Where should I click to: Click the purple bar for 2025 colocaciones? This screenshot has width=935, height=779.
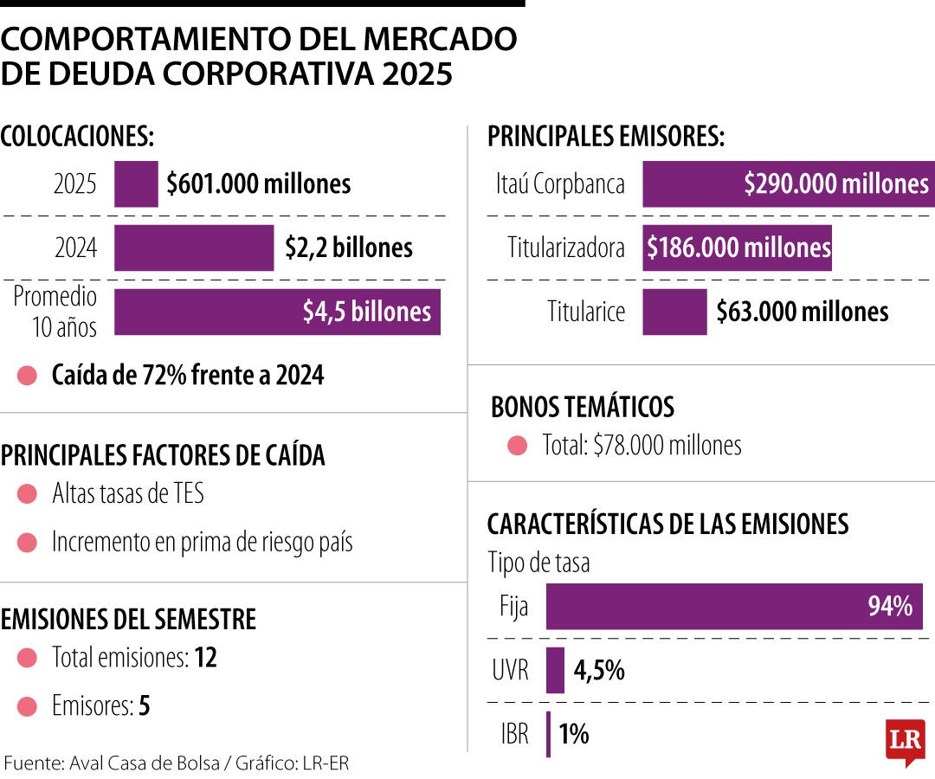pyautogui.click(x=136, y=183)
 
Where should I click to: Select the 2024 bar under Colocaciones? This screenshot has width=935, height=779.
pyautogui.click(x=194, y=248)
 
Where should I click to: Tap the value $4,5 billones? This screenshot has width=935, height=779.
pyautogui.click(x=366, y=312)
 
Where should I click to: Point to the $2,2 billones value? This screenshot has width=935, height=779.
pyautogui.click(x=349, y=248)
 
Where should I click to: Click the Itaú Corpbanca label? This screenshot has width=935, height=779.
pyautogui.click(x=560, y=184)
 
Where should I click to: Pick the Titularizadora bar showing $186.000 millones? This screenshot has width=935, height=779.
pyautogui.click(x=737, y=248)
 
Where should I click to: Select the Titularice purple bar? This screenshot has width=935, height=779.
pyautogui.click(x=674, y=312)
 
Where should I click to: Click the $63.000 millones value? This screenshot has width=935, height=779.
pyautogui.click(x=803, y=312)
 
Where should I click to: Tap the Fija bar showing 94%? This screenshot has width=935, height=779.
pyautogui.click(x=733, y=606)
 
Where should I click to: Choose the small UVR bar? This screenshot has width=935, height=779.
pyautogui.click(x=555, y=670)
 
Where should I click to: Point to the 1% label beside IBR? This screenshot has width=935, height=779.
pyautogui.click(x=574, y=735)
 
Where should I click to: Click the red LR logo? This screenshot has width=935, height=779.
pyautogui.click(x=905, y=742)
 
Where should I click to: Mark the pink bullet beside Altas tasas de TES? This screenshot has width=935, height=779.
pyautogui.click(x=28, y=494)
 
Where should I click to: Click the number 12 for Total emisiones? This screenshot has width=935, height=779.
pyautogui.click(x=205, y=658)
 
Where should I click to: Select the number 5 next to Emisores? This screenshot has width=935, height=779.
pyautogui.click(x=145, y=706)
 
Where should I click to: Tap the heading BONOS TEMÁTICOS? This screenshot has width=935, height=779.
pyautogui.click(x=583, y=407)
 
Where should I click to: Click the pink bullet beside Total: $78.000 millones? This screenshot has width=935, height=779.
pyautogui.click(x=518, y=446)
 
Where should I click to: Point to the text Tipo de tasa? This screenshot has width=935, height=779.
pyautogui.click(x=538, y=563)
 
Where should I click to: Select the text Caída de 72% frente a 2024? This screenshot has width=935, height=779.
pyautogui.click(x=188, y=376)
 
